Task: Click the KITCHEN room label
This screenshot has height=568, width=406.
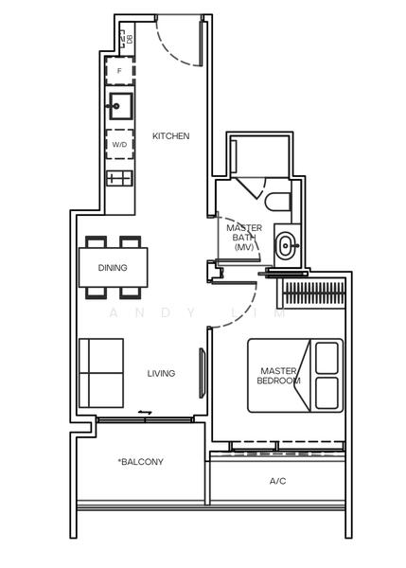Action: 171,136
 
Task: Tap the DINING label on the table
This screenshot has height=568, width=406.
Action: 113,268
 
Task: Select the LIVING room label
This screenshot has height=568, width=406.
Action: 161,373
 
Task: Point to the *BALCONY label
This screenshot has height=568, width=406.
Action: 141,462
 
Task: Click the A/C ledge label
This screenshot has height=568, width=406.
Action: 277,481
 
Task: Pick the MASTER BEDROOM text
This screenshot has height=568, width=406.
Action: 278,376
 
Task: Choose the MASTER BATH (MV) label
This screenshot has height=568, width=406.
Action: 243,237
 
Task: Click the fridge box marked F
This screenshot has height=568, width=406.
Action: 120,71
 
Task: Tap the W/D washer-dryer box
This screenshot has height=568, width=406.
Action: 120,145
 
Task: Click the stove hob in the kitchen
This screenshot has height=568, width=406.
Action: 120,177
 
